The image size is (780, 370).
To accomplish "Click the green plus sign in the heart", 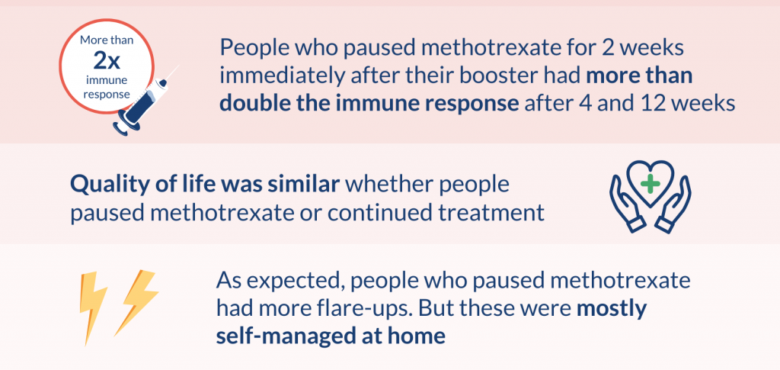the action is click(x=649, y=184).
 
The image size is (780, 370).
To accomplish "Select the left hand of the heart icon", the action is click(x=625, y=204).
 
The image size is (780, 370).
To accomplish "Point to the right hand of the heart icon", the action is click(x=675, y=204).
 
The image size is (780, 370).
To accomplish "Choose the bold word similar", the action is click(x=306, y=185).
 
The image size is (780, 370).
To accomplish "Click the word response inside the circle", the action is click(x=107, y=93).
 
